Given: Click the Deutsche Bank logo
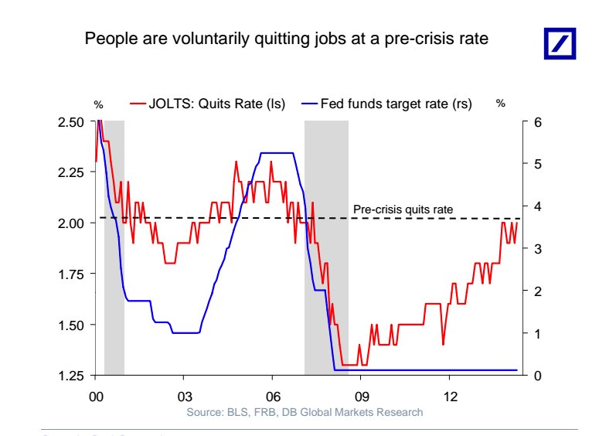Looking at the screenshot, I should click(560, 43).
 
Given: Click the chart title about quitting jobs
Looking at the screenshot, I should click(287, 39).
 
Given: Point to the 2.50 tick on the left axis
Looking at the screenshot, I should click(74, 122).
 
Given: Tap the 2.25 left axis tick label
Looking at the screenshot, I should click(74, 172).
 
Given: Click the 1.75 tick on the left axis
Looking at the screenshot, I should click(74, 274).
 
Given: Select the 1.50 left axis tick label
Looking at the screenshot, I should click(74, 325).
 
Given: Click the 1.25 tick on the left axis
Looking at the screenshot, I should click(74, 376).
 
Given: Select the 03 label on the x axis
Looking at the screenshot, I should click(184, 397).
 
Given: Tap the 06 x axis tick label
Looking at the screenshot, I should click(272, 397).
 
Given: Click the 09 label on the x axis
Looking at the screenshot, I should click(361, 397).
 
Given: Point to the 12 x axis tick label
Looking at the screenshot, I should click(450, 397).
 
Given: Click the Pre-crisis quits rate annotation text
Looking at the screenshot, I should click(403, 209).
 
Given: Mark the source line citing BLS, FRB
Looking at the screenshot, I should click(305, 412).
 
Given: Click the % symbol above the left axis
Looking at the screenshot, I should click(98, 104).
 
